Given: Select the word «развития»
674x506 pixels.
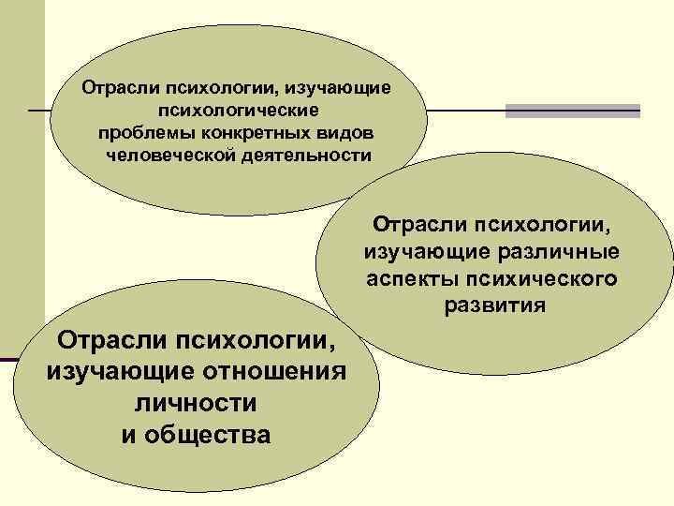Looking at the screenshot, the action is click(x=492, y=306).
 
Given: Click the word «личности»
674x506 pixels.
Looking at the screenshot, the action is click(x=195, y=403).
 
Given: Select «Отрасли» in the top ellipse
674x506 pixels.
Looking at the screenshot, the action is click(x=121, y=88).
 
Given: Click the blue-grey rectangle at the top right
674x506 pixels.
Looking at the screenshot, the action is click(x=572, y=111).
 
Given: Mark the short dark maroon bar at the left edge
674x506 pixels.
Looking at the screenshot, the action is click(x=8, y=360).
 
